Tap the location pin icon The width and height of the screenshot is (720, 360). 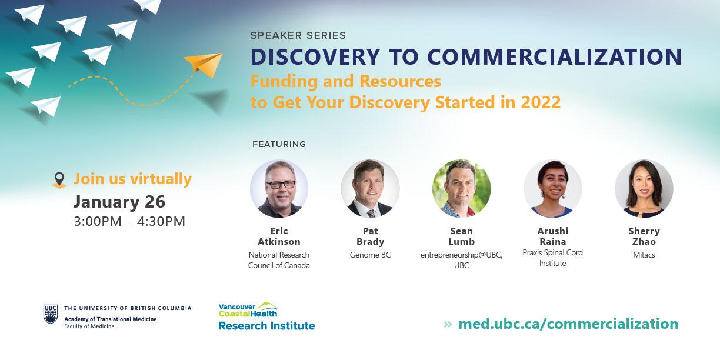tap(59, 180)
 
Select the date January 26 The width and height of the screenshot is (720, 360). tap(119, 202)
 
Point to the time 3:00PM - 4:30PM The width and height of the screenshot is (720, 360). tap(129, 221)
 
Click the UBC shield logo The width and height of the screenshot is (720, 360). tap(51, 314)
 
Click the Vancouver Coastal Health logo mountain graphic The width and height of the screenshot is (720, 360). tap(267, 305)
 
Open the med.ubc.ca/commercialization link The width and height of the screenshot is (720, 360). tap(568, 324)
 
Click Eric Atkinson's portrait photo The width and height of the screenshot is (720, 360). tap(279, 189)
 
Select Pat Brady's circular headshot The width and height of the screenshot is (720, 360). tap(370, 189)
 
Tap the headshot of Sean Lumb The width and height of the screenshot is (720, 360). tap(462, 189)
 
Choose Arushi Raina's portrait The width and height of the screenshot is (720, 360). tap(553, 189)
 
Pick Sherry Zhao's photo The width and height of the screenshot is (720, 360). tap(644, 189)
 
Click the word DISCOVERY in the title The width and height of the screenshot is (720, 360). tap(315, 57)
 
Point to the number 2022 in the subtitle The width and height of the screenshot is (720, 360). tap(541, 102)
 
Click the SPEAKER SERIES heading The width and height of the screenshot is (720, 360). tap(298, 35)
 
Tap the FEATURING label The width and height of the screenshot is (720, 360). tap(279, 144)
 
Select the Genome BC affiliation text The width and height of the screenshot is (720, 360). tap(370, 255)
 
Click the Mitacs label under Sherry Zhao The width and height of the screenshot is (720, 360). tap(644, 255)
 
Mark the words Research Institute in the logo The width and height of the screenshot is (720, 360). tap(267, 326)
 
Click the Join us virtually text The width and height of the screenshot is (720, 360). tap(132, 179)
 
